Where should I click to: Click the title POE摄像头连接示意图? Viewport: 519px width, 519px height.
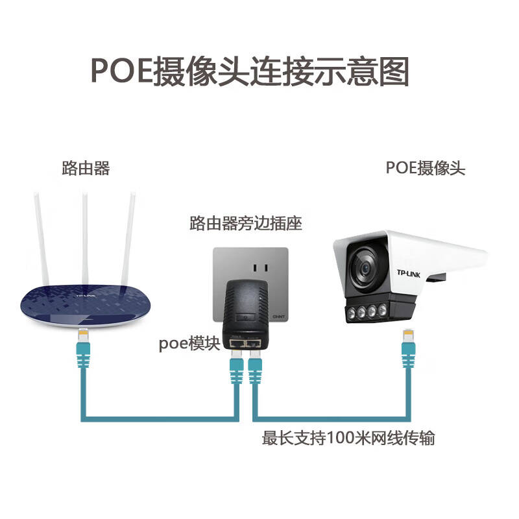point(250,71)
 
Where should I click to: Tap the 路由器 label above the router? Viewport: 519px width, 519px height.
point(86,168)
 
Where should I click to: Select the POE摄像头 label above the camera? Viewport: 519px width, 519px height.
point(426,168)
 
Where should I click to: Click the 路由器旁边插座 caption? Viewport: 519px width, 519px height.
point(246,223)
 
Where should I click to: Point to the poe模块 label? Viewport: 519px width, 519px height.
point(189,343)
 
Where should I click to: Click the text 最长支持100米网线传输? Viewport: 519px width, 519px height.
point(348,438)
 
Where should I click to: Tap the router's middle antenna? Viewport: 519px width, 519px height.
point(86,239)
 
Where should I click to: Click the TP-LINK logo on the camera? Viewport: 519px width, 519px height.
point(409,274)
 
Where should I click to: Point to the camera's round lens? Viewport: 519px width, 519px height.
point(365,267)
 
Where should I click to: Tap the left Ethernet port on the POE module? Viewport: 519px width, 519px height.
point(237,344)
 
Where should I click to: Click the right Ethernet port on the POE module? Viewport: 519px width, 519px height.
point(252,344)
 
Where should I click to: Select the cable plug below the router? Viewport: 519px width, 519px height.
point(83,348)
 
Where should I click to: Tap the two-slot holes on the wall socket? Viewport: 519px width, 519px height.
point(260,268)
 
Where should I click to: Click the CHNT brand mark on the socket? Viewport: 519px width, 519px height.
point(278,317)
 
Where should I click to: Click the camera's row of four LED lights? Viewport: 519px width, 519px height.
point(367,311)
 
